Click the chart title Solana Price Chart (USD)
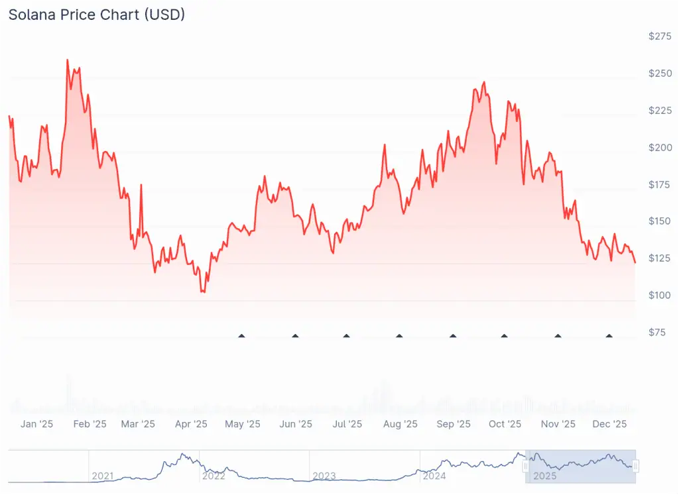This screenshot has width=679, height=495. click(97, 15)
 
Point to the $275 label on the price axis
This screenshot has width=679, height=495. click(660, 36)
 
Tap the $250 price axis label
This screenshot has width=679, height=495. click(660, 73)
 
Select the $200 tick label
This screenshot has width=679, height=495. click(660, 147)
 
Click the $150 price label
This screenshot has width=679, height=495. click(660, 221)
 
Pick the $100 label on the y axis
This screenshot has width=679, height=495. click(660, 295)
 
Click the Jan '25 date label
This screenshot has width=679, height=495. click(36, 424)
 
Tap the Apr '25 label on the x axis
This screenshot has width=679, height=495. click(191, 424)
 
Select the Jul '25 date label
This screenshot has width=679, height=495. click(346, 424)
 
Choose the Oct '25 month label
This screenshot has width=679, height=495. click(505, 424)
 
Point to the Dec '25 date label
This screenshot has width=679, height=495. click(610, 424)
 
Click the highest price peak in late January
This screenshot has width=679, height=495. click(68, 60)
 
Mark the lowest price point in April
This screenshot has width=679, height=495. click(203, 292)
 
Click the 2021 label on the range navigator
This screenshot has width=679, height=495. click(103, 476)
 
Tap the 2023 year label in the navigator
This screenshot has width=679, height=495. click(324, 476)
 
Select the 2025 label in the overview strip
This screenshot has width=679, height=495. click(545, 476)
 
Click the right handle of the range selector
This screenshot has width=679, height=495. click(636, 467)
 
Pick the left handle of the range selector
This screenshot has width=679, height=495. click(526, 467)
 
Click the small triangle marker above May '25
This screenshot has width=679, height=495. click(242, 336)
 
